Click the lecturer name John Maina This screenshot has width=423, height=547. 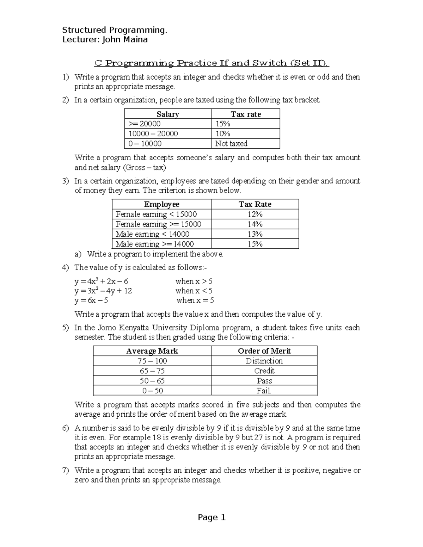[x=125, y=39]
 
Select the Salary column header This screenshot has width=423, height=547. [x=168, y=114]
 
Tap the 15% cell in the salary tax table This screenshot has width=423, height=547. [x=223, y=124]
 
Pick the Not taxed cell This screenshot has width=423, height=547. [x=231, y=143]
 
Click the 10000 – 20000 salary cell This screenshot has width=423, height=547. [x=153, y=133]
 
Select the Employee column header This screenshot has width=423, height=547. [x=162, y=204]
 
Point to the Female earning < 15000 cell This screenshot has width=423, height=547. [x=156, y=214]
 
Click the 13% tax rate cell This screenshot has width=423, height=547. [x=255, y=234]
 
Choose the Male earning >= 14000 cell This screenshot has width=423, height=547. [x=155, y=244]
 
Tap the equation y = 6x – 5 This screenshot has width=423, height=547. [x=91, y=300]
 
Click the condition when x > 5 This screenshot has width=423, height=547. [x=194, y=281]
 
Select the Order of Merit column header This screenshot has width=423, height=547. [x=264, y=351]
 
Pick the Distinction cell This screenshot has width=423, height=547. [x=264, y=361]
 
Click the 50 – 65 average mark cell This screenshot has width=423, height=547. [x=152, y=380]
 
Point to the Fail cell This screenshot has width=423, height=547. [x=264, y=390]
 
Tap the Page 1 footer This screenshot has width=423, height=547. [x=211, y=517]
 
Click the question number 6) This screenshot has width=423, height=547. [x=66, y=428]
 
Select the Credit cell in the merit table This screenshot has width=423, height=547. [x=264, y=371]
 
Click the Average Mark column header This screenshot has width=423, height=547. [x=152, y=351]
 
